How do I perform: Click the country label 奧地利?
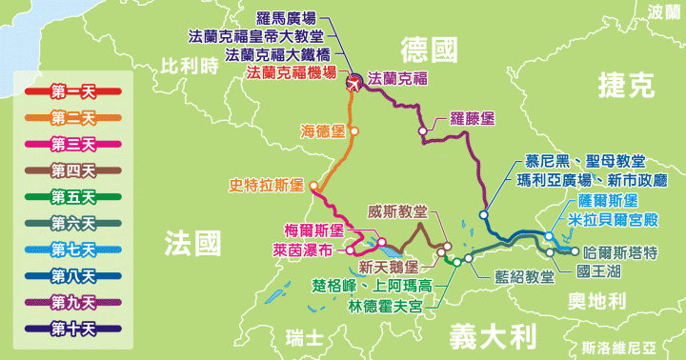(594, 302)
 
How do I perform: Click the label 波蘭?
(664, 11)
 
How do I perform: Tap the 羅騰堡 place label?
(472, 119)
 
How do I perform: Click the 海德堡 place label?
(322, 130)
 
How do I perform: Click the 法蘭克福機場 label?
(292, 72)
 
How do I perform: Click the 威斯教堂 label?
(397, 211)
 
